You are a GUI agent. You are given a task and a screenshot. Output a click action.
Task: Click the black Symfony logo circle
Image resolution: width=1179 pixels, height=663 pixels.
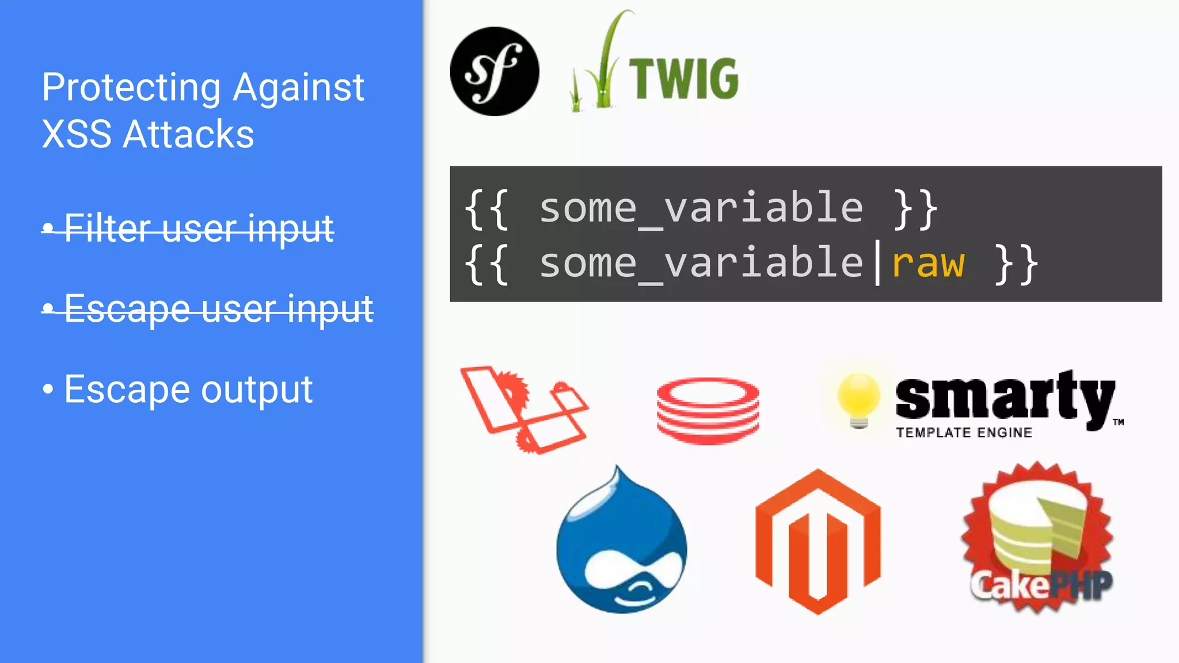(495, 71)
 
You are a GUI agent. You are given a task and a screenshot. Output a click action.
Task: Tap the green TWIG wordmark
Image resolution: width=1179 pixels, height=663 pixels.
(683, 79)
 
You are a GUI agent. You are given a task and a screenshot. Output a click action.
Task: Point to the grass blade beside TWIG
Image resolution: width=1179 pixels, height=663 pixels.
(604, 63)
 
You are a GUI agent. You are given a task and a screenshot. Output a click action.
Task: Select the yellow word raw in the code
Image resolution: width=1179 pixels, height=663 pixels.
(927, 264)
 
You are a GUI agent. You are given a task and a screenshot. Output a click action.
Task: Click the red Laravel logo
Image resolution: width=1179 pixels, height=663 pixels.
(524, 409)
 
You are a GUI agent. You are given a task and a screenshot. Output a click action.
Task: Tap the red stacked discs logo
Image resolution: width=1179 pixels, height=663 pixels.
(708, 410)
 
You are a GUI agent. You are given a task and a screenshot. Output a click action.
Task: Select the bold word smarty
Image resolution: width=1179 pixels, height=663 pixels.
(1005, 397)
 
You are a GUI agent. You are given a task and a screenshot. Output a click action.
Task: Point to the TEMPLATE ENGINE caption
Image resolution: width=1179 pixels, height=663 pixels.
(964, 433)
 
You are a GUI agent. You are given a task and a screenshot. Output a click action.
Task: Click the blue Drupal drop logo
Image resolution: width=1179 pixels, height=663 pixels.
(622, 544)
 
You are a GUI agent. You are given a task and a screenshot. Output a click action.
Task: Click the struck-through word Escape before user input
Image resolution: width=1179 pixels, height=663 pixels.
(127, 309)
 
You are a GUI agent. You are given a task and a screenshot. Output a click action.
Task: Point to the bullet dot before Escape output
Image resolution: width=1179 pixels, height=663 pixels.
(48, 389)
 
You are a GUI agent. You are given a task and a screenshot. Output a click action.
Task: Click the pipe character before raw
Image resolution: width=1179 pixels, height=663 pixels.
(877, 264)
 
